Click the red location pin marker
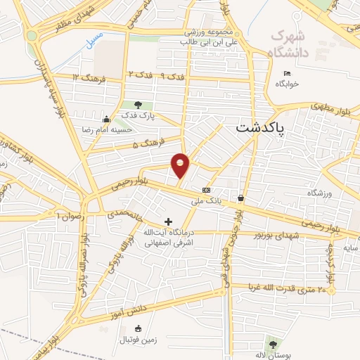[181, 165]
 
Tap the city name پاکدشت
[258, 128]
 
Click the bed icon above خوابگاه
[286, 74]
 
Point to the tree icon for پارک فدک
[138, 105]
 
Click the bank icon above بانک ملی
[206, 191]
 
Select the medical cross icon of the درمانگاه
[167, 221]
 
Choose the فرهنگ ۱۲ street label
[88, 78]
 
